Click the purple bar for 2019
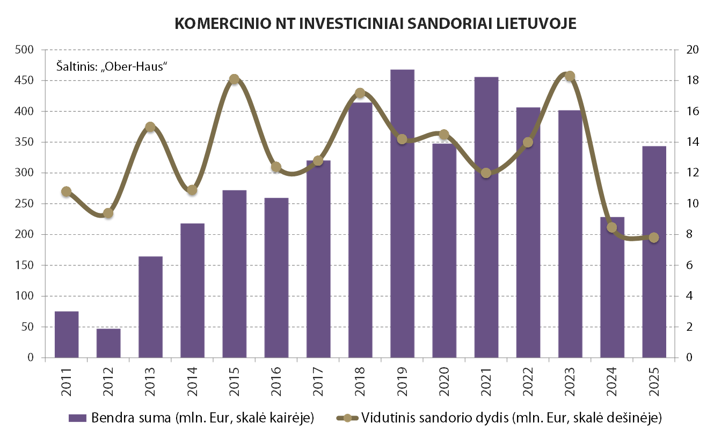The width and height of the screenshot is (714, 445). click(402, 214)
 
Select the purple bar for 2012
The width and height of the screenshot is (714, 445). click(108, 343)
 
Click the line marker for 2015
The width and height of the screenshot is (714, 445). click(234, 79)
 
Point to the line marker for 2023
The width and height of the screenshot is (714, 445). click(570, 76)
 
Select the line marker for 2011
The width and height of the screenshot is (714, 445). click(67, 191)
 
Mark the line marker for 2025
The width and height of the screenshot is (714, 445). click(654, 238)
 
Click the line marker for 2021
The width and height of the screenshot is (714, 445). click(486, 173)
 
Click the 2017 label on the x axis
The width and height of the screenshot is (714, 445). click(318, 381)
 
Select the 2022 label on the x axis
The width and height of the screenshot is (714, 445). click(528, 381)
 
